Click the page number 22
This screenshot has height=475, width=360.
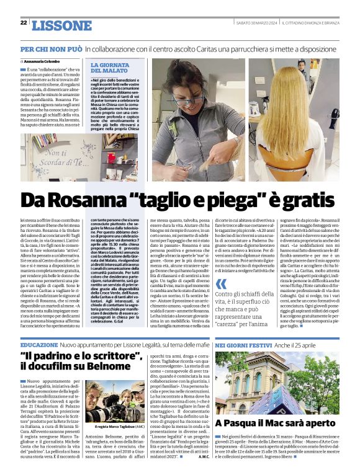click(x=24, y=22)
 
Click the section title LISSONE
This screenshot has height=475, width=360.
click(x=61, y=25)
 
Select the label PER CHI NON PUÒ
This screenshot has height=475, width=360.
click(x=50, y=48)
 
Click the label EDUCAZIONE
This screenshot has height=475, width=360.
click(x=38, y=344)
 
